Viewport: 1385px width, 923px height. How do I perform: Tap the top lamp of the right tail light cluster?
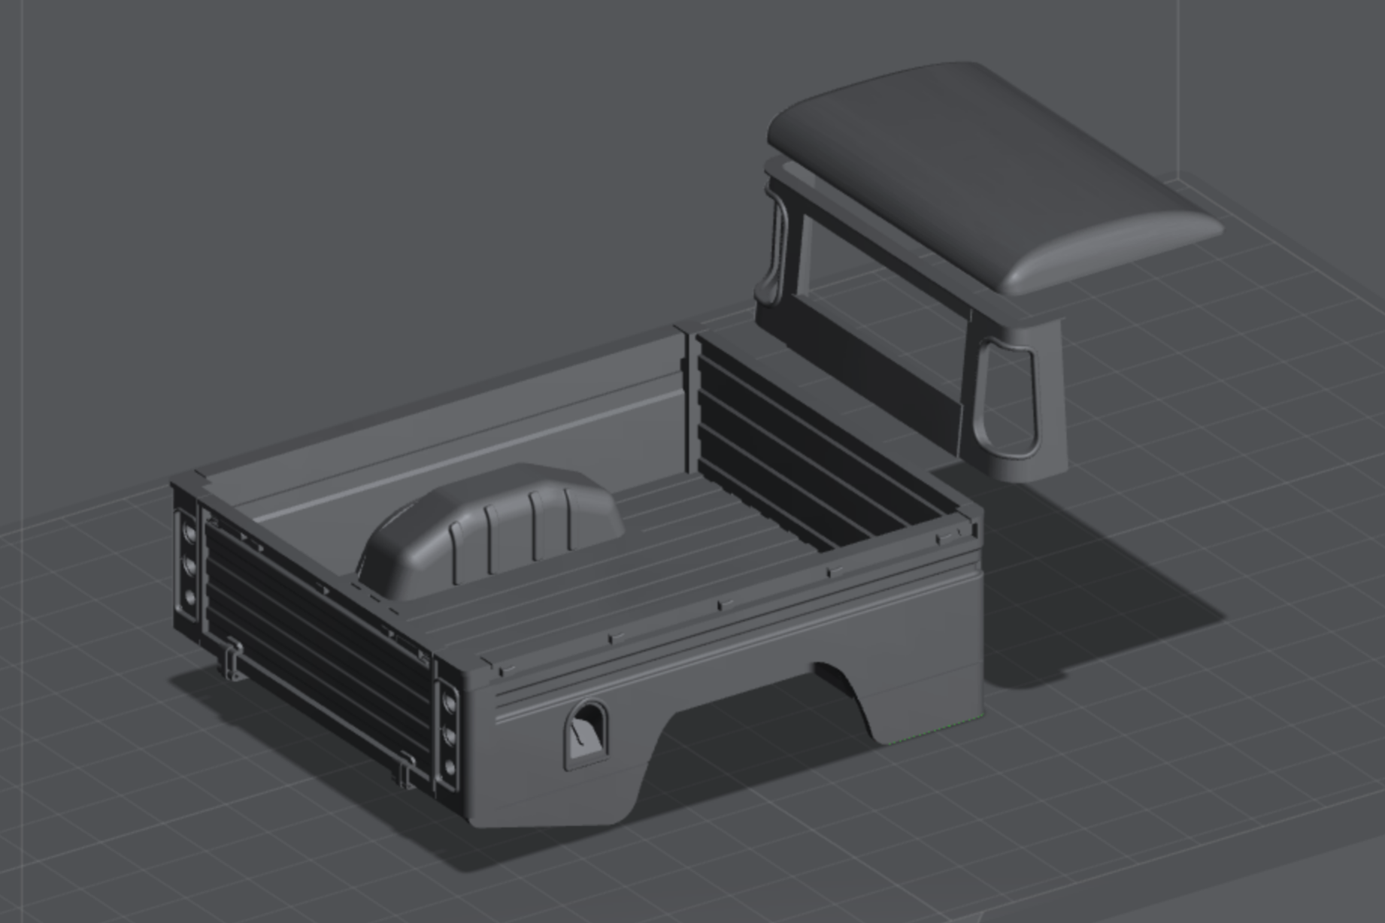click(450, 704)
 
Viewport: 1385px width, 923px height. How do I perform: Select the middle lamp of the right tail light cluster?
click(450, 735)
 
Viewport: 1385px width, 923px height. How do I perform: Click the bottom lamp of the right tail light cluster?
click(450, 767)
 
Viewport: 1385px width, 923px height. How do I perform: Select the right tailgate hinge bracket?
click(408, 770)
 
